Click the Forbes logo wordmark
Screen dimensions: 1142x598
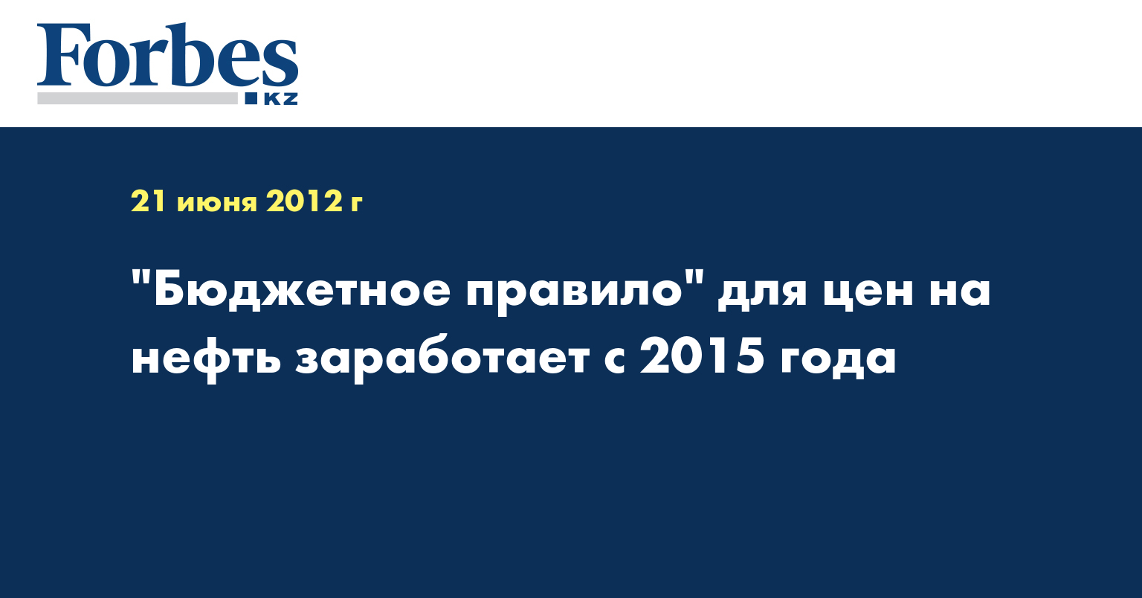point(167,56)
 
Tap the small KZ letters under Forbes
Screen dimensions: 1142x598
point(280,99)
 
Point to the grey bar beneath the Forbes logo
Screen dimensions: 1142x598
point(137,98)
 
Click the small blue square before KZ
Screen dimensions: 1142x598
point(251,98)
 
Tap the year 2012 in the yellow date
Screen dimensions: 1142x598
point(304,201)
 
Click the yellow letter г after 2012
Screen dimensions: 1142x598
point(356,204)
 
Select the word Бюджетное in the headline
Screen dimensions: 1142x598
point(302,290)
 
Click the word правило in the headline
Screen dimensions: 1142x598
point(573,293)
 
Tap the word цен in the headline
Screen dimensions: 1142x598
point(867,293)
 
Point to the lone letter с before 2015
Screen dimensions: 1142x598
point(614,360)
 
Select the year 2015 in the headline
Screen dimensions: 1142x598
point(702,355)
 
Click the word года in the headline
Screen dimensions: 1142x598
point(838,360)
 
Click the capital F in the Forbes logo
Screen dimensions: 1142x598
point(59,55)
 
